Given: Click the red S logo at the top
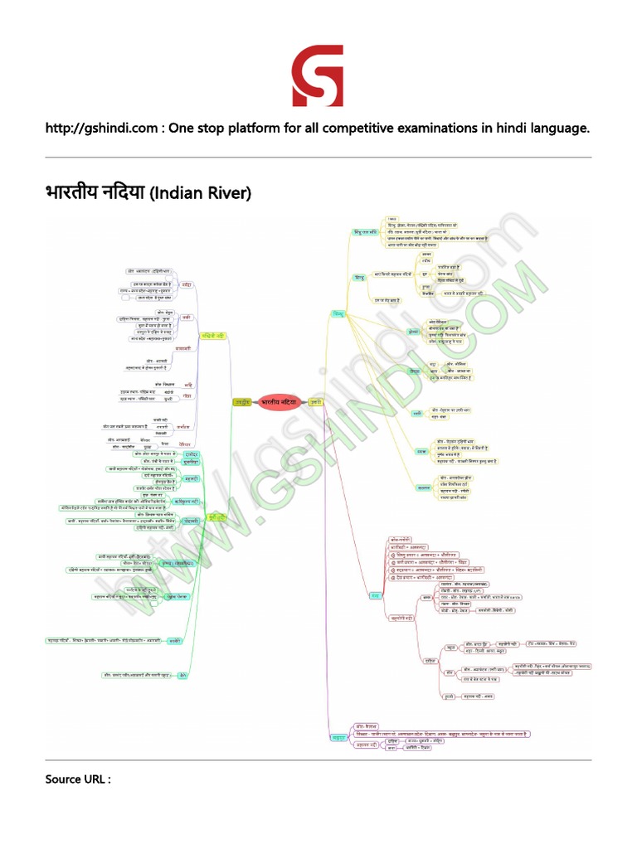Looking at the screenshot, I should (x=318, y=76).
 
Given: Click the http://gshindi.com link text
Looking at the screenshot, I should (x=105, y=129).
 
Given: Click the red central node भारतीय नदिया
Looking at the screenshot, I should (x=279, y=401).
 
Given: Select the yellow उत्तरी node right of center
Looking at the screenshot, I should (x=316, y=401).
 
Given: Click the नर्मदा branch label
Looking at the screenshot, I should (x=187, y=284).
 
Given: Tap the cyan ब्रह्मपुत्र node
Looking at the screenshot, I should (x=338, y=736).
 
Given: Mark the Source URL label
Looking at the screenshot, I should (x=76, y=779).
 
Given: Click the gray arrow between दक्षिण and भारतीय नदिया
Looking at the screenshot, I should (x=254, y=401).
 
